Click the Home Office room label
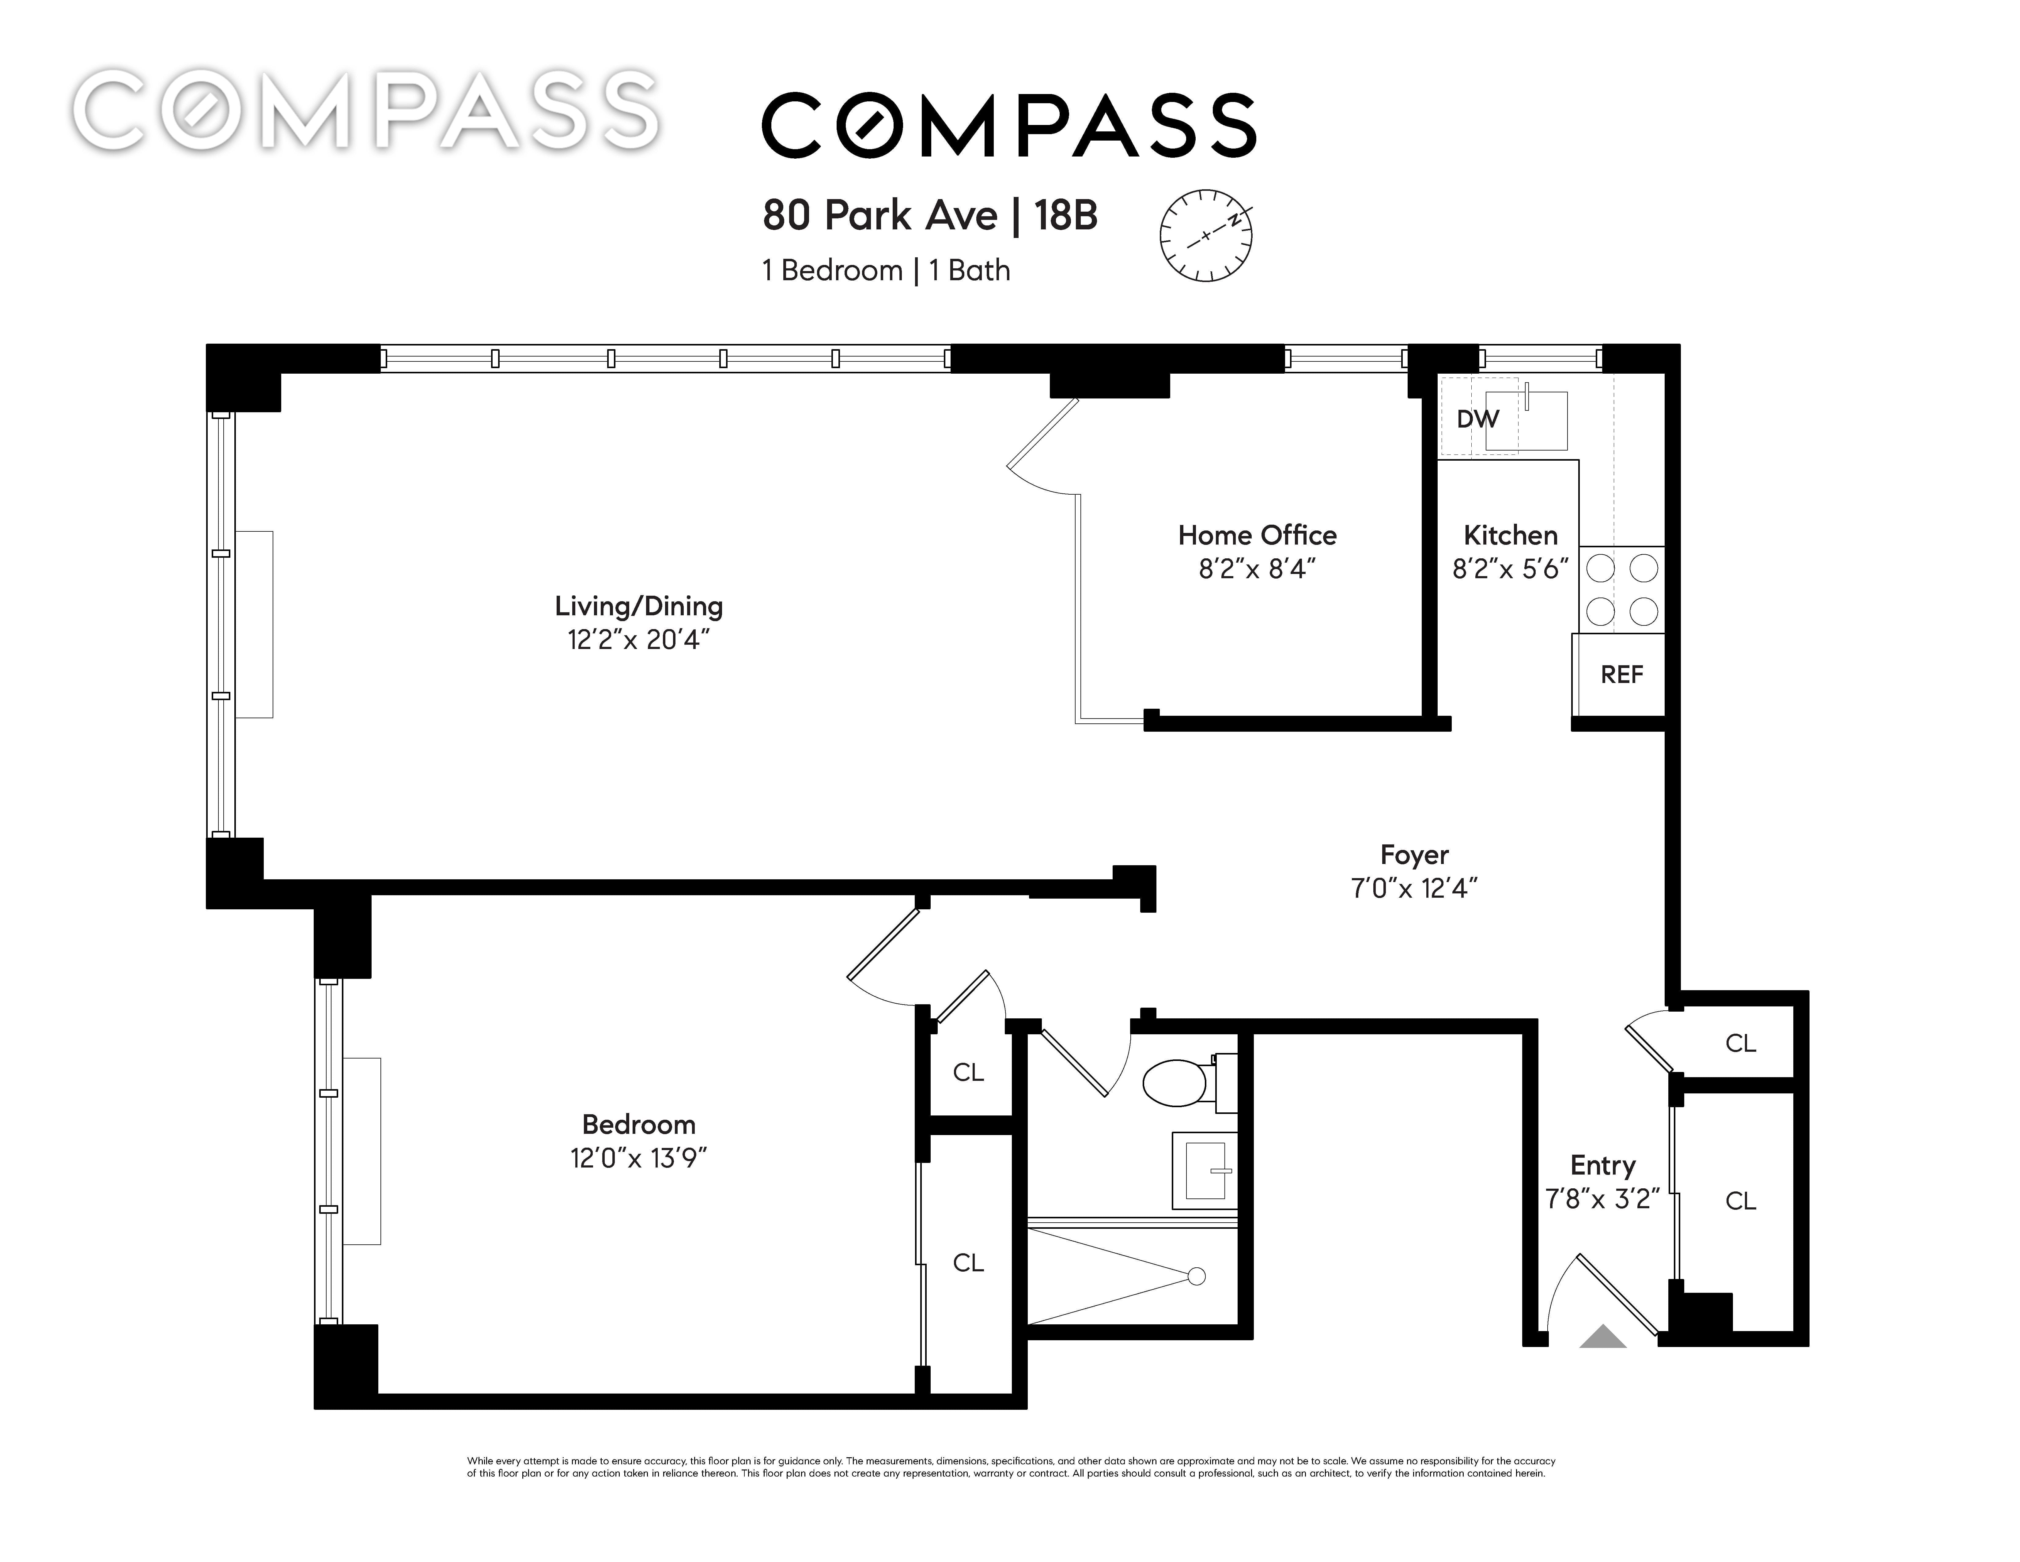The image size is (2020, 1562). point(1257,535)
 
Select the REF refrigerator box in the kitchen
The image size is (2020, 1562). point(1620,674)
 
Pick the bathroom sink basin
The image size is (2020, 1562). point(1205,1170)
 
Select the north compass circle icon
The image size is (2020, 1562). point(1206,236)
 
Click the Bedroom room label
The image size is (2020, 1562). point(638,1125)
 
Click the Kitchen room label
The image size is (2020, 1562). point(1510,535)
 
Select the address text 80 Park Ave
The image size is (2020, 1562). point(879,216)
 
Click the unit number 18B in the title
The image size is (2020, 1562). point(1065,216)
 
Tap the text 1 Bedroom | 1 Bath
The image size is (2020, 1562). point(886,271)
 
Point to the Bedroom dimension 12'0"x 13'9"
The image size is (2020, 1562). point(638,1159)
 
